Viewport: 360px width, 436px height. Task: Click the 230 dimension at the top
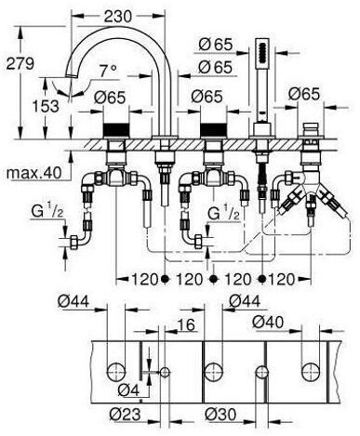click(118, 16)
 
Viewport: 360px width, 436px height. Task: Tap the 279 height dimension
click(20, 63)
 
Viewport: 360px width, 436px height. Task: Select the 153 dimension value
click(46, 106)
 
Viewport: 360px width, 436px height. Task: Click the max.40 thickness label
click(34, 172)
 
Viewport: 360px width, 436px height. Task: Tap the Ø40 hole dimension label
click(268, 322)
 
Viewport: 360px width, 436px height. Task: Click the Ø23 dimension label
click(125, 414)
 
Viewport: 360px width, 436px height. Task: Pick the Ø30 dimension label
click(220, 414)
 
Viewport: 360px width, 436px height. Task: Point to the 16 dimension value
click(186, 324)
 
